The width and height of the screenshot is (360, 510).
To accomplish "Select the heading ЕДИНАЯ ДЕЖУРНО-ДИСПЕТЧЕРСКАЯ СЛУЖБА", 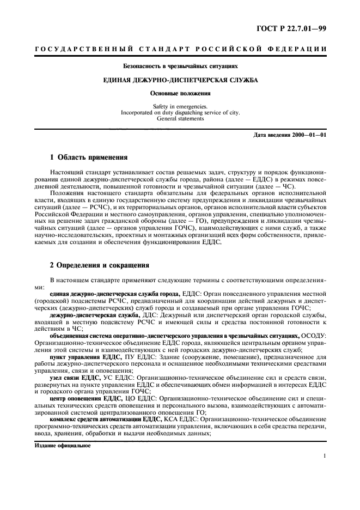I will [x=180, y=80].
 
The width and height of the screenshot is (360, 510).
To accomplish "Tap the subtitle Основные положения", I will [x=180, y=93].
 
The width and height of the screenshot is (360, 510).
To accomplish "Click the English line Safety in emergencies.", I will [x=180, y=107].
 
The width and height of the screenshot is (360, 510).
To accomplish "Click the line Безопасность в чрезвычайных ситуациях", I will [x=180, y=66].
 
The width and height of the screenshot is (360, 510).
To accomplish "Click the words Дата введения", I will [x=271, y=135].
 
